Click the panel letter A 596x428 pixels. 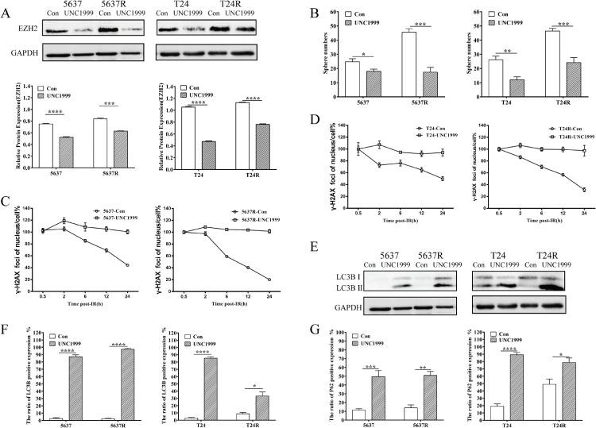tap(6, 7)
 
